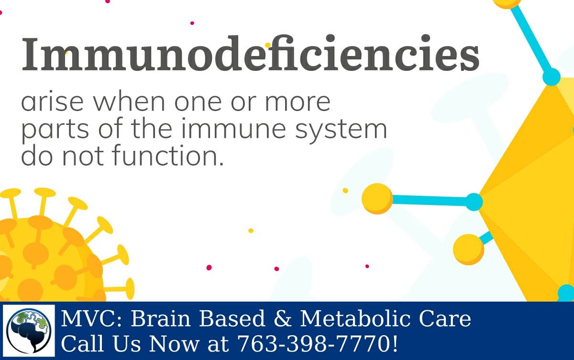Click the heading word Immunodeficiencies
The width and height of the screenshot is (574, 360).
pyautogui.click(x=250, y=53)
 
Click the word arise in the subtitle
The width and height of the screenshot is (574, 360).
pyautogui.click(x=52, y=101)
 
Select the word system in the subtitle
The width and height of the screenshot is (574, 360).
pyautogui.click(x=341, y=131)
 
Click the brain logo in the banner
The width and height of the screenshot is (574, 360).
pyautogui.click(x=29, y=331)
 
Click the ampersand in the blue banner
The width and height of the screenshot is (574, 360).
pyautogui.click(x=282, y=318)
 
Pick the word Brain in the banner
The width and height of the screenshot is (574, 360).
pyautogui.click(x=161, y=318)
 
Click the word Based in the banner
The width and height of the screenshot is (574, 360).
pyautogui.click(x=232, y=318)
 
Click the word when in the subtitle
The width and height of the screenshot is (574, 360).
pyautogui.click(x=129, y=101)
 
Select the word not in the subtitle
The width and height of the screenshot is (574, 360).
pyautogui.click(x=83, y=156)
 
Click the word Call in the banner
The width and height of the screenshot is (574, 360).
pyautogui.click(x=82, y=343)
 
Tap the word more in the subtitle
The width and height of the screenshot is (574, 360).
pyautogui.click(x=298, y=102)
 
